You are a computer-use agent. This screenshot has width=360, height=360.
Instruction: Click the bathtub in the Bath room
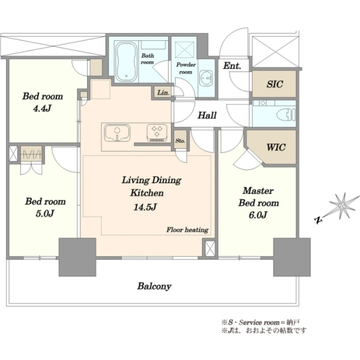tap(126, 62)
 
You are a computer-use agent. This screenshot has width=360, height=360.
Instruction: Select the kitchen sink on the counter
tap(117, 133)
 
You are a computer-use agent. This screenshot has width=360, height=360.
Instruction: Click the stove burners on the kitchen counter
tap(157, 133)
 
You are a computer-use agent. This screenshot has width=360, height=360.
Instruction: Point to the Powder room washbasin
tap(205, 78)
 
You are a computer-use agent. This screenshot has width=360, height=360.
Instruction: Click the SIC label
tap(275, 84)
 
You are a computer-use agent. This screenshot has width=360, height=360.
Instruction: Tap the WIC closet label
tap(276, 147)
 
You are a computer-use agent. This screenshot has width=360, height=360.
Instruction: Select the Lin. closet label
tap(163, 93)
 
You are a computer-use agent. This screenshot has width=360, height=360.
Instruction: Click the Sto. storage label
tap(180, 141)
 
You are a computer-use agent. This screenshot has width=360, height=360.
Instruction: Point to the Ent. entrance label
tap(232, 66)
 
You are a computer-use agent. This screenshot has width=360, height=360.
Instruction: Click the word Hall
tap(207, 115)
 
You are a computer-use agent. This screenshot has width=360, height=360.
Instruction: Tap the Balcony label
tap(154, 286)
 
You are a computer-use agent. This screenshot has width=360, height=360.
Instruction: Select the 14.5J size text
tap(145, 207)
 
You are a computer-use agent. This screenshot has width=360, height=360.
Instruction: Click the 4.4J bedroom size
tap(42, 109)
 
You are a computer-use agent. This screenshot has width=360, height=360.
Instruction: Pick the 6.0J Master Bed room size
tap(258, 215)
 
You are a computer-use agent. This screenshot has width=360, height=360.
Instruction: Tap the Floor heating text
tap(187, 230)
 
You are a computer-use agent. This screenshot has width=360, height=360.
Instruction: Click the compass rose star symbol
tap(342, 206)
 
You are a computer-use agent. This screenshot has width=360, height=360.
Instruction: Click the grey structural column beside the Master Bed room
tap(292, 257)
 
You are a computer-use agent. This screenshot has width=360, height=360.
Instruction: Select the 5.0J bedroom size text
tap(45, 214)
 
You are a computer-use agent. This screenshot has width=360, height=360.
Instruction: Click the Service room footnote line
tap(260, 322)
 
